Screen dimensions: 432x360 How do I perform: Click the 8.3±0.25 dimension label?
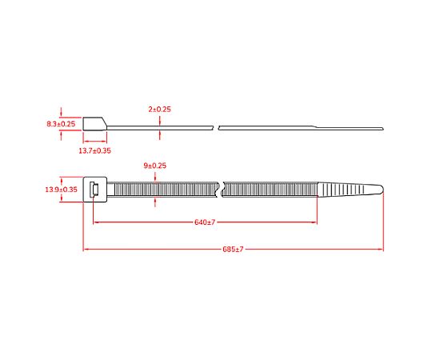pyautogui.click(x=61, y=124)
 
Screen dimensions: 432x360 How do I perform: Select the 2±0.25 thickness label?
pyautogui.click(x=159, y=109)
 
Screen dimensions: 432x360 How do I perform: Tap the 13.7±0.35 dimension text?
pyautogui.click(x=94, y=150)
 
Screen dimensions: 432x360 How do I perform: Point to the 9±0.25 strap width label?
pyautogui.click(x=155, y=166)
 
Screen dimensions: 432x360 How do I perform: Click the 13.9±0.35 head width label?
pyautogui.click(x=61, y=190)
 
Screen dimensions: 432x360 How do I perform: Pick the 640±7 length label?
pyautogui.click(x=205, y=222)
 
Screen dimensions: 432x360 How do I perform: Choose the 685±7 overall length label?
pyautogui.click(x=233, y=250)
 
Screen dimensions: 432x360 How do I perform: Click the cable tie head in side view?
pyautogui.click(x=94, y=124)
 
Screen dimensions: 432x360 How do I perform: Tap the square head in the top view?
pyautogui.click(x=95, y=190)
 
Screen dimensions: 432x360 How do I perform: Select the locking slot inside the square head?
pyautogui.click(x=94, y=190)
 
